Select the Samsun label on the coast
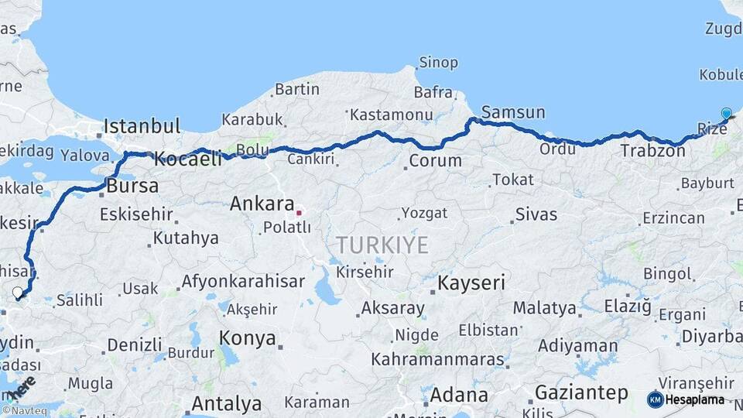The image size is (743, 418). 513,112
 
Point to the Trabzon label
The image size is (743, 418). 652,151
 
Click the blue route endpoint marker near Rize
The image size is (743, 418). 726,114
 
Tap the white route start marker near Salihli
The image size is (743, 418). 17,293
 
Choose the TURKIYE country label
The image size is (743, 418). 382,246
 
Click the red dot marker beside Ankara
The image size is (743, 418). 299,211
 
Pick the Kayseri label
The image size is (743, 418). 472,283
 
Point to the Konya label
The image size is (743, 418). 247,338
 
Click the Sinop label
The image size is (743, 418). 438,63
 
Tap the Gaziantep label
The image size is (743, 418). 581,392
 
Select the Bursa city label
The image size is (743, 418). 132,186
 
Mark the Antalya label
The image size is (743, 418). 226,403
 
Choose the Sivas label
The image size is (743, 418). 536,214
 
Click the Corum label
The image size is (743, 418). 435,162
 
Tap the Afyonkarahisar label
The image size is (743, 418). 243,282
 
